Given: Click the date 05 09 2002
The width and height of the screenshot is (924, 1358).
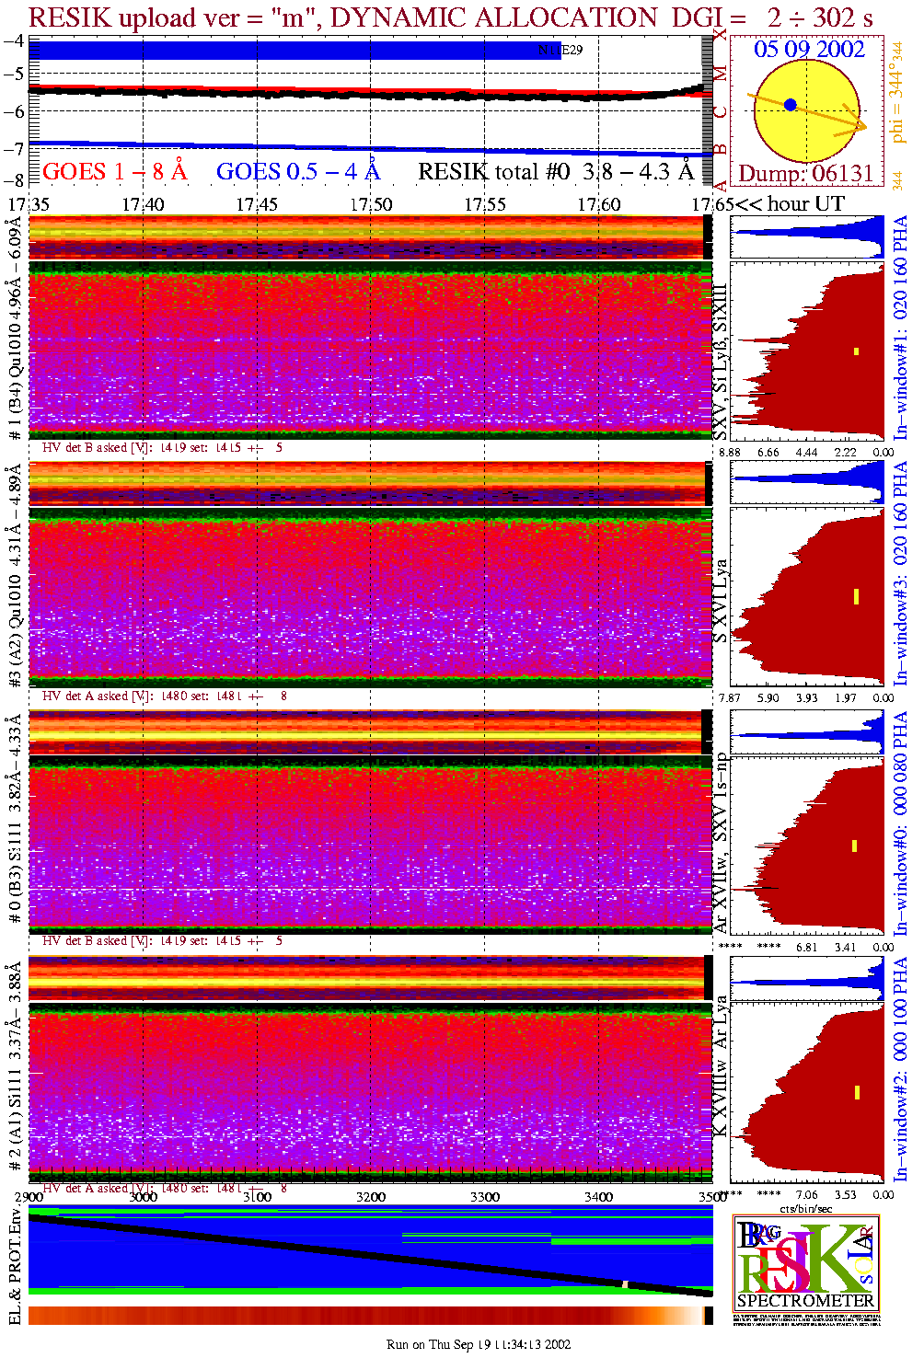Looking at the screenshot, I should coord(809,50).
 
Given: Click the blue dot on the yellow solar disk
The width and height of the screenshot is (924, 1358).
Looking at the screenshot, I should coord(790,105).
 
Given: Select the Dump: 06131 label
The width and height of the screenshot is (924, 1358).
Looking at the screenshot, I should coord(805,174).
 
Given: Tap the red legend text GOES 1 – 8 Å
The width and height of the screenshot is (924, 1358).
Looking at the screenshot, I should coord(114,172).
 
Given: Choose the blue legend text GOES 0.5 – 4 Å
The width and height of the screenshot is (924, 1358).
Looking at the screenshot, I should coord(298,172).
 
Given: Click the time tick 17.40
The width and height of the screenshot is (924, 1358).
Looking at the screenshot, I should coord(143,203).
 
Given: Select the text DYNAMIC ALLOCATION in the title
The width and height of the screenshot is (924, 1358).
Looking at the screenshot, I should coord(493,17).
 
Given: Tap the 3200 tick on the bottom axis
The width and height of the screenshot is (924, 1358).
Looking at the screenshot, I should coord(371,1197).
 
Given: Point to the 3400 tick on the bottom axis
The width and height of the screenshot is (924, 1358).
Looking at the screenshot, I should coord(598,1197).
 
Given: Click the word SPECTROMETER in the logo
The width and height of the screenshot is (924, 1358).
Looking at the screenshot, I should coord(805,1300).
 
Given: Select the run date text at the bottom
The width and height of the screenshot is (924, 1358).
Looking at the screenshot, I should coord(479,1344).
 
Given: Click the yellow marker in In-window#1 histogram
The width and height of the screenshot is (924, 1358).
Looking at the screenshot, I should coord(856,351).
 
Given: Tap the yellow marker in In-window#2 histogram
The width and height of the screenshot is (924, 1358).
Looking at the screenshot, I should coord(856,1092).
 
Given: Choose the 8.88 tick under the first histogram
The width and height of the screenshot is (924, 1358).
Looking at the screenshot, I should coord(730,452).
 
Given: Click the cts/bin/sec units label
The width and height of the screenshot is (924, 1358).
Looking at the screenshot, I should coord(805,1208).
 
